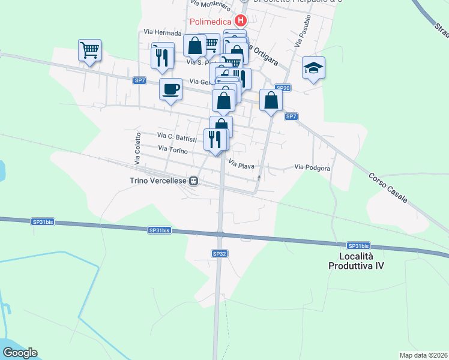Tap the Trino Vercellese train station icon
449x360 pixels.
194,180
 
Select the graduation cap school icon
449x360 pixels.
313,68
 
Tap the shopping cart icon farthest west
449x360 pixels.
89,50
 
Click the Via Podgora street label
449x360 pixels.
312,168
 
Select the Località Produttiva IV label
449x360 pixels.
357,261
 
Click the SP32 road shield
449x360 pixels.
220,254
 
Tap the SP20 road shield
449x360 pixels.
284,88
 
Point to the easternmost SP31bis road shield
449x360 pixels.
358,246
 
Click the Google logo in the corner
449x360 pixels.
20,353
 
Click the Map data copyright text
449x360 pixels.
423,355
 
